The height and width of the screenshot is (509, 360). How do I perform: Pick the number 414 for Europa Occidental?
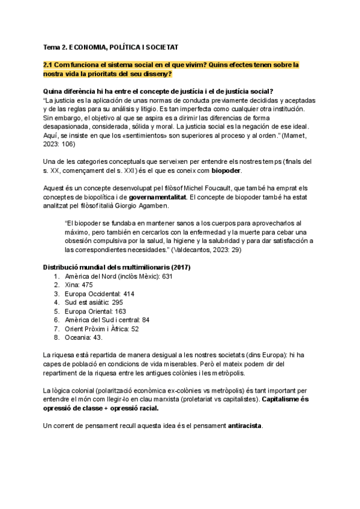(x=128, y=294)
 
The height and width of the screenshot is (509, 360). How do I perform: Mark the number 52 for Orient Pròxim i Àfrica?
(x=135, y=329)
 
